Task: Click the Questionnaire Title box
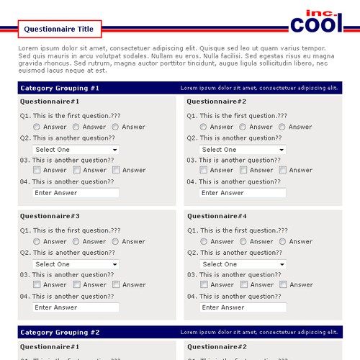pos(59,30)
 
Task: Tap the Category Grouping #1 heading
pos(60,88)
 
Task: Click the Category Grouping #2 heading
pos(60,333)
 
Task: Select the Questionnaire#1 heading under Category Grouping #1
pos(50,102)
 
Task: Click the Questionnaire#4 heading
pos(217,216)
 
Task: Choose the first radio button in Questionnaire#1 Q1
pos(37,127)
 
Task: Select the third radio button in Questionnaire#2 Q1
pos(282,127)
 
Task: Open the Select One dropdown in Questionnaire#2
pos(243,150)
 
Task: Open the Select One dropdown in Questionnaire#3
pos(76,264)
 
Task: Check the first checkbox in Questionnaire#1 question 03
pos(37,171)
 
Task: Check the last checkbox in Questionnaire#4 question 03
pos(283,285)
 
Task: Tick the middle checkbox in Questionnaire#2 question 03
pos(243,171)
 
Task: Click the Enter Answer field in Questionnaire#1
pos(76,193)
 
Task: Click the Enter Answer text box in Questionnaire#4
pos(243,307)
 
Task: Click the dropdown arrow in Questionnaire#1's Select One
pos(114,150)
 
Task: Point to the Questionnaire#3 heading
pos(50,216)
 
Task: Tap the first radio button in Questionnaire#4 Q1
pos(204,242)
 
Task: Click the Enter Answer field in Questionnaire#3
pos(76,307)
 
